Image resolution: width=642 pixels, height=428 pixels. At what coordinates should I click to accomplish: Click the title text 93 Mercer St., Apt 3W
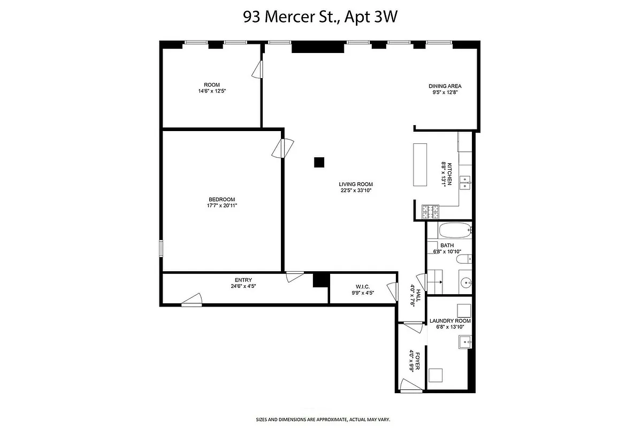[320, 17]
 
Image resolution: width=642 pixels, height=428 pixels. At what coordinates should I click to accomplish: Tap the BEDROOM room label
[221, 200]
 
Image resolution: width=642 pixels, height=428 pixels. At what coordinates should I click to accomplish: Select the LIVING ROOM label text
[356, 184]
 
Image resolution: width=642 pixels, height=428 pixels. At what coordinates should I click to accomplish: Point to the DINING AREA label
[445, 86]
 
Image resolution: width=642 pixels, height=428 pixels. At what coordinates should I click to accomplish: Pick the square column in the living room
[319, 162]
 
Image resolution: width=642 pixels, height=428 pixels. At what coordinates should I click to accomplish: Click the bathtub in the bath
[454, 231]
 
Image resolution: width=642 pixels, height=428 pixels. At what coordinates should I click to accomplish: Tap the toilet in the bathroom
[463, 259]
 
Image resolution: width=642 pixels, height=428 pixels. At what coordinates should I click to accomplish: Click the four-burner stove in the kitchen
[430, 212]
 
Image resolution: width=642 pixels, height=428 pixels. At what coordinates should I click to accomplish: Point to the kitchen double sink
[465, 182]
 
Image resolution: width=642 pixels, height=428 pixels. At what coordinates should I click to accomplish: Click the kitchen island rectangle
[419, 164]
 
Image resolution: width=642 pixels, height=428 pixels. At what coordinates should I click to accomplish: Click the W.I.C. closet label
[363, 287]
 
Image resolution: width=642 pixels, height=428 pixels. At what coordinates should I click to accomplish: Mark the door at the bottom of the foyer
[411, 386]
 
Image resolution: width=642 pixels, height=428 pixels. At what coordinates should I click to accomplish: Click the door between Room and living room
[258, 69]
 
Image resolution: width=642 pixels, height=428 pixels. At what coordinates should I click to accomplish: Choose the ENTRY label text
[243, 280]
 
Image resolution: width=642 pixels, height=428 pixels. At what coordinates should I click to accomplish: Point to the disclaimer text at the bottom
[320, 419]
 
